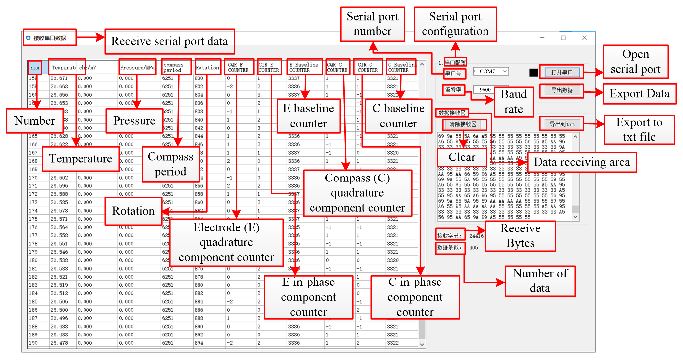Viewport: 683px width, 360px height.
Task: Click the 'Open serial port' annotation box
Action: [636, 62]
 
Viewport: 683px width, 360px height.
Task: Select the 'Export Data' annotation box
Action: [639, 94]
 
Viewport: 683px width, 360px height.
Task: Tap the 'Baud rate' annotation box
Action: [513, 102]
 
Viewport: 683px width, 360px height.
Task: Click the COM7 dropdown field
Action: [491, 71]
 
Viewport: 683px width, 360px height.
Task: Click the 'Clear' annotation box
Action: [462, 157]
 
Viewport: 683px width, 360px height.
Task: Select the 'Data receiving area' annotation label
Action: [582, 162]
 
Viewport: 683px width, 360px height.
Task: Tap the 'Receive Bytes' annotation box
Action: [520, 236]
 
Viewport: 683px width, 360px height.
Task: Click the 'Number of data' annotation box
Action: [540, 281]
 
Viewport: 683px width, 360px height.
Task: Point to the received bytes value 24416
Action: [476, 236]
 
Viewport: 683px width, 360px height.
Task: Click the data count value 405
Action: [474, 248]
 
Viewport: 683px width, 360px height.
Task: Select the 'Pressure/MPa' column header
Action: [137, 68]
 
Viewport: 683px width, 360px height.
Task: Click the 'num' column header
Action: [35, 68]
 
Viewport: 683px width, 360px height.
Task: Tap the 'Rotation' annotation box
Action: [133, 211]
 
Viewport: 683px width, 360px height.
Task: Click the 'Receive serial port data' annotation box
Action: [170, 41]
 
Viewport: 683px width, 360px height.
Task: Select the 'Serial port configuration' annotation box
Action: [455, 24]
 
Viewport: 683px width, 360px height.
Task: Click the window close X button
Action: [584, 38]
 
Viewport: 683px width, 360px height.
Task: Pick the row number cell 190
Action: [33, 343]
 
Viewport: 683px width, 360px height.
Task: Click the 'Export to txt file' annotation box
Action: [639, 129]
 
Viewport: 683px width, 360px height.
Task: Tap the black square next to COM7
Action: [534, 73]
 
